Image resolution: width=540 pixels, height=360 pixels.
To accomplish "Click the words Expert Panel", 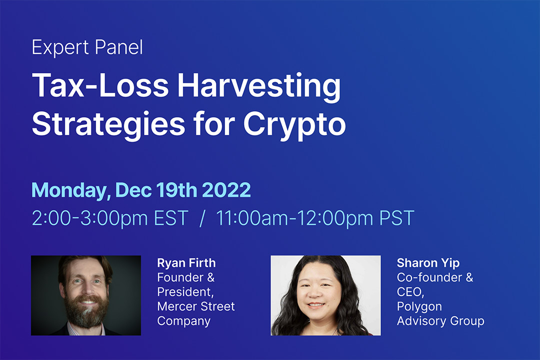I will pyautogui.click(x=87, y=48).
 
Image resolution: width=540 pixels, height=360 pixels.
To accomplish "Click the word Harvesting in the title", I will pyautogui.click(x=259, y=86).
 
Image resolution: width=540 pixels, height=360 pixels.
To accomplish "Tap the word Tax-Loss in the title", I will pyautogui.click(x=100, y=86).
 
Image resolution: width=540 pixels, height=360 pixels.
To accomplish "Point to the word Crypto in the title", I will pyautogui.click(x=294, y=125).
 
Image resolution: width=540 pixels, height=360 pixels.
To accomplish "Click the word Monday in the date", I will pyautogui.click(x=70, y=190).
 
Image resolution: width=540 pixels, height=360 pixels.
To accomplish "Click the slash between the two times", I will pyautogui.click(x=202, y=218).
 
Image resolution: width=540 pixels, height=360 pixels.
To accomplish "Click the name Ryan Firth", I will pyautogui.click(x=186, y=263).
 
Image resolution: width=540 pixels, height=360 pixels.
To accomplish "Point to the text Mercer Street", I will pyautogui.click(x=195, y=306).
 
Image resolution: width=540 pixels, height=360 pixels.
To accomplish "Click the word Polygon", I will pyautogui.click(x=419, y=306).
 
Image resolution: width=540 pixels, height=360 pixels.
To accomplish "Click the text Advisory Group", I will pyautogui.click(x=440, y=320).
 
